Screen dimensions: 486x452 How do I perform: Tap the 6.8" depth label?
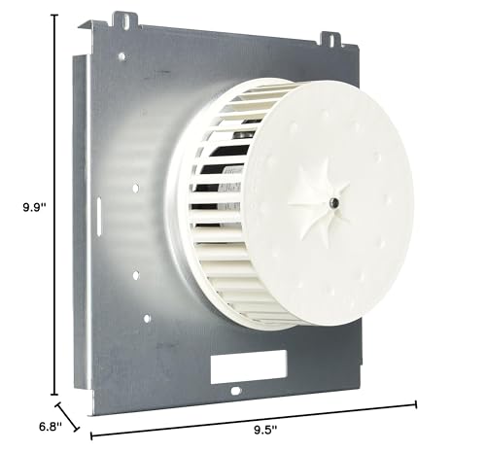[51, 427]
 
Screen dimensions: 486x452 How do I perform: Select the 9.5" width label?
[265, 431]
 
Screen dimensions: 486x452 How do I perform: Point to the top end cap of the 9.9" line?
[54, 16]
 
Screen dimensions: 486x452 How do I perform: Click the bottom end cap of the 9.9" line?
[54, 395]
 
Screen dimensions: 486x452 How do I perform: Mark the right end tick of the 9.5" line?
[416, 404]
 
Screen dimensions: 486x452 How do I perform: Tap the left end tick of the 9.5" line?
[91, 436]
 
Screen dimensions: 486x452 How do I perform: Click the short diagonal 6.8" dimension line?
[68, 417]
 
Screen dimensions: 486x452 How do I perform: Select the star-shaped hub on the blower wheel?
[319, 199]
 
